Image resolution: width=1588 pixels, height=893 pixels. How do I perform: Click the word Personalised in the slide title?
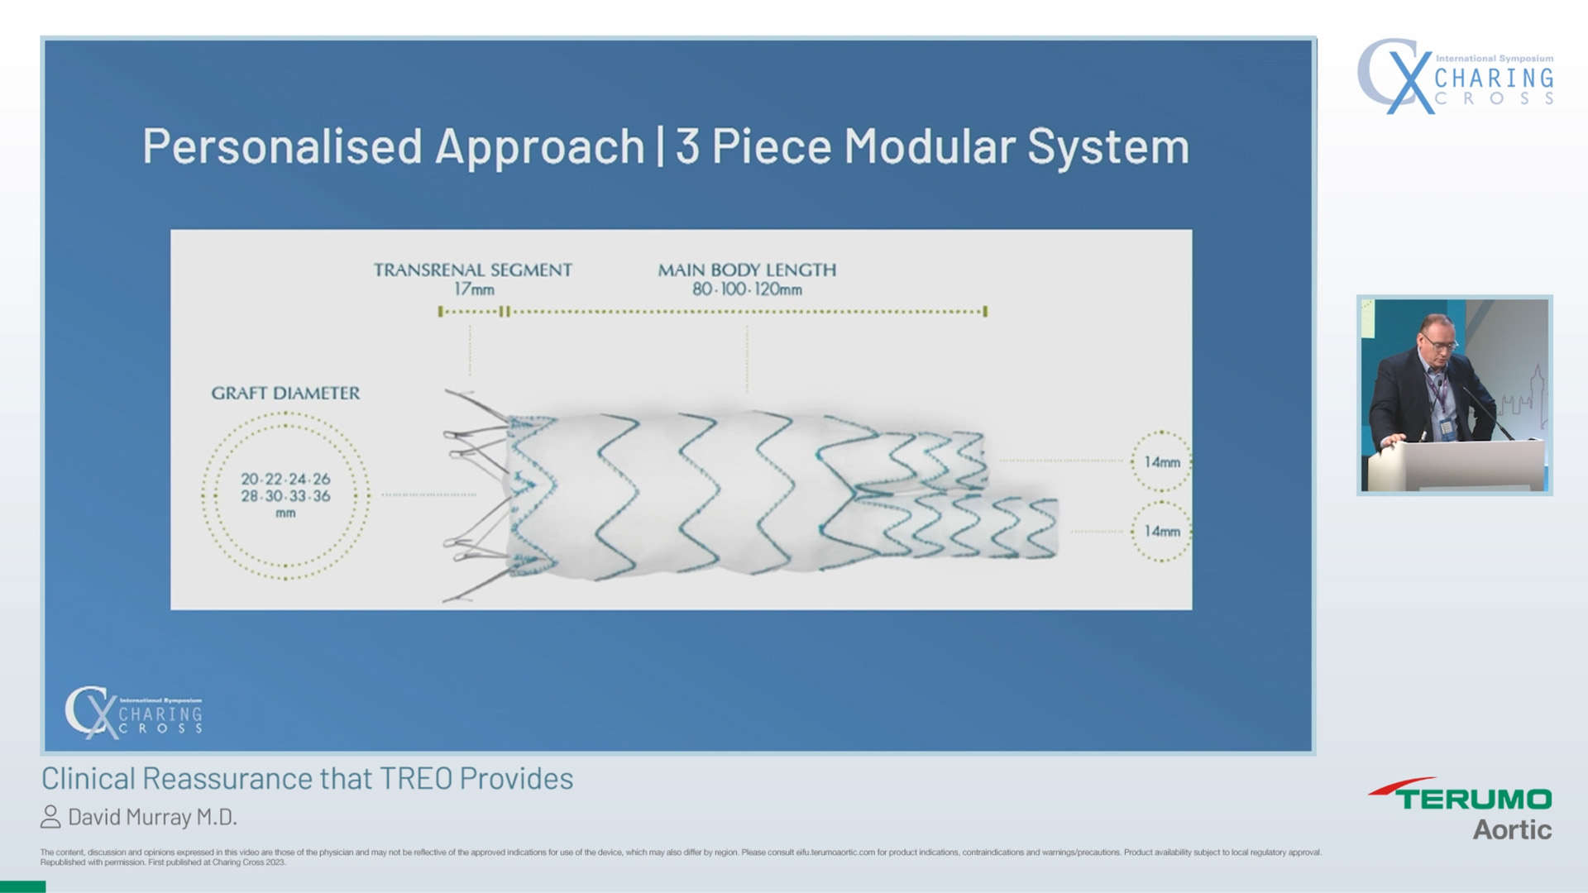click(282, 147)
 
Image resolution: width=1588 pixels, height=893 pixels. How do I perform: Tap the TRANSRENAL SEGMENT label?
click(472, 270)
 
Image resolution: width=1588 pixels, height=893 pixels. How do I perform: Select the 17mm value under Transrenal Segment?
click(474, 289)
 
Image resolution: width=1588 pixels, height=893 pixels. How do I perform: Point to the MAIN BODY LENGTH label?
click(747, 270)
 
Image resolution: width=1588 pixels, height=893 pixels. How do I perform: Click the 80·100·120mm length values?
click(747, 289)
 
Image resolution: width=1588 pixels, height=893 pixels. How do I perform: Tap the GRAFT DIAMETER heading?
click(285, 394)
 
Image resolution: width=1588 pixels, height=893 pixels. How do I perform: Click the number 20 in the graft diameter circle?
click(250, 480)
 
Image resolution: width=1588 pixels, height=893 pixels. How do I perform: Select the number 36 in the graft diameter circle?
click(321, 496)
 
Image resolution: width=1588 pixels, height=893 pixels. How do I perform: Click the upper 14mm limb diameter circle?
click(1161, 462)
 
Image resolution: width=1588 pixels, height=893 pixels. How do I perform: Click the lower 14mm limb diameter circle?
click(1161, 532)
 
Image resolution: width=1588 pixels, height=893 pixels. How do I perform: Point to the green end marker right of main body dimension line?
click(985, 312)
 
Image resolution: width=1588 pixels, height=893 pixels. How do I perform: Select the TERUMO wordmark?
click(1473, 799)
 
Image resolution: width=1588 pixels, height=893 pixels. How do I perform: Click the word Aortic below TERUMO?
click(1511, 829)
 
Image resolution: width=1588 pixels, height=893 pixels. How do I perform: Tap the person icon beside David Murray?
click(50, 817)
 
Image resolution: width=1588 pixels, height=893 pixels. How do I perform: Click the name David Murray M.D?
click(152, 817)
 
